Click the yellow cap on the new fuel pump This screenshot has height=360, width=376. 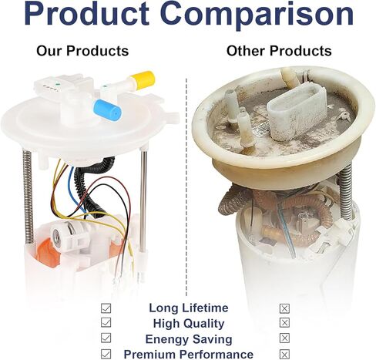click(143, 79)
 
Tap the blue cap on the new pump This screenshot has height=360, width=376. click(108, 110)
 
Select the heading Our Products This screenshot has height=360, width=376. click(82, 51)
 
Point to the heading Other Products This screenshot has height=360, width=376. click(279, 51)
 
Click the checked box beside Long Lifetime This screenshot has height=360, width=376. click(106, 308)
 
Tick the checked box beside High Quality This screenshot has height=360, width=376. click(106, 322)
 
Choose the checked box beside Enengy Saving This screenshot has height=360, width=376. click(106, 338)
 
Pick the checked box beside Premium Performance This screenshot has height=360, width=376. click(106, 354)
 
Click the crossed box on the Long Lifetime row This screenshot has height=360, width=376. click(284, 308)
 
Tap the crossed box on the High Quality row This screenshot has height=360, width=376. click(284, 323)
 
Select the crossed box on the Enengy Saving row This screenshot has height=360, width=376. click(284, 338)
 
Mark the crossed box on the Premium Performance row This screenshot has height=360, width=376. click(284, 355)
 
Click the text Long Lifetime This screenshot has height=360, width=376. click(189, 308)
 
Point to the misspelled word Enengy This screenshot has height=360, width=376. click(167, 339)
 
